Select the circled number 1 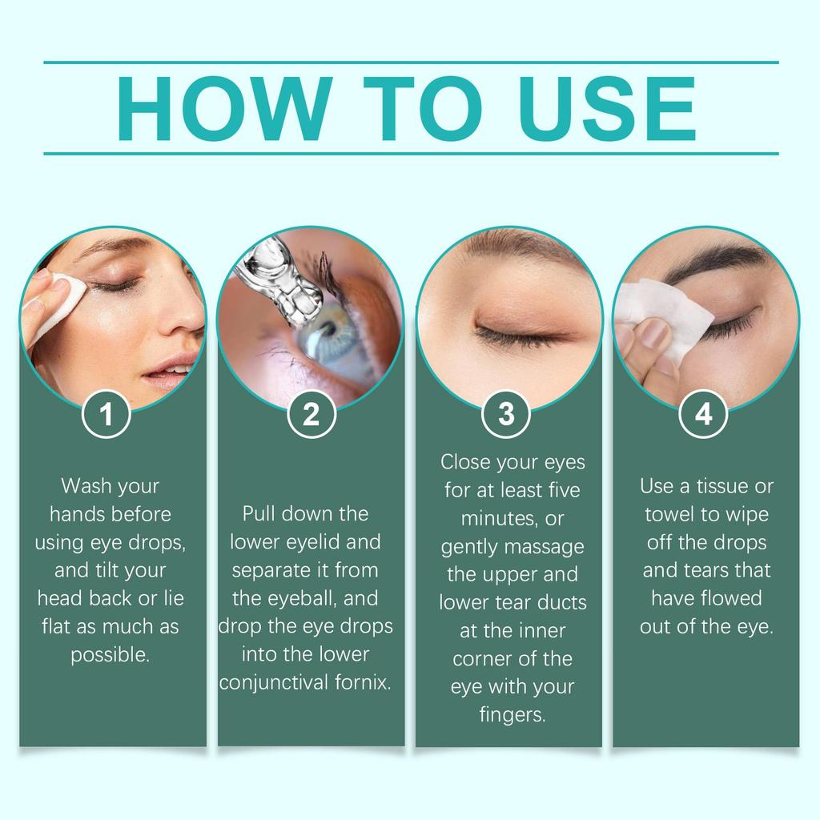(107, 415)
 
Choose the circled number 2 (311, 415)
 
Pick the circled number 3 (507, 415)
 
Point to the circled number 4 (704, 415)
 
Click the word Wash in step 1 (87, 486)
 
